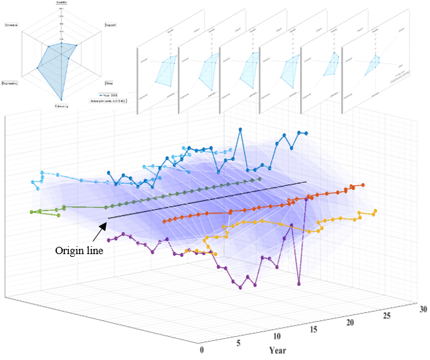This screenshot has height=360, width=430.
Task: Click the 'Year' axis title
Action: tap(280, 349)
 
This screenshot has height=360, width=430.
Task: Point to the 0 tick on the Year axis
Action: tap(201, 349)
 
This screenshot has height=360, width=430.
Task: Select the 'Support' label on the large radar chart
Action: tap(110, 25)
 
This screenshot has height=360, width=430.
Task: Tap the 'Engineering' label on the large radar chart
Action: tap(11, 83)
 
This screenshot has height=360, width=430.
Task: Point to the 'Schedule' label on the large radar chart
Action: tap(11, 25)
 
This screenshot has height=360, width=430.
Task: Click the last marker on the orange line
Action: tap(363, 185)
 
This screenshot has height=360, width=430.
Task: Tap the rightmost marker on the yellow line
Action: tap(376, 210)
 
